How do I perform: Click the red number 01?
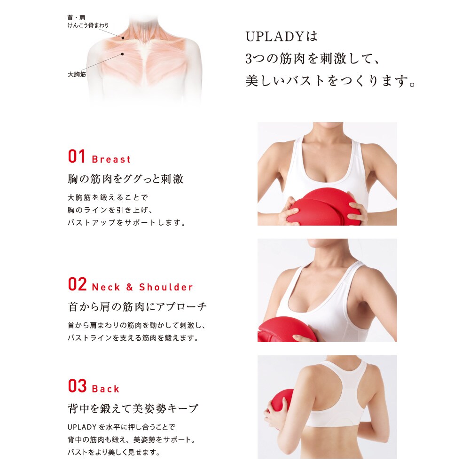[77, 157]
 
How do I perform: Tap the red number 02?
[78, 284]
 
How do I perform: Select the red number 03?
[78, 386]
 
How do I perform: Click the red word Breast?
[111, 159]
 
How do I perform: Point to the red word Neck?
[106, 287]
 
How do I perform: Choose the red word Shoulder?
[166, 287]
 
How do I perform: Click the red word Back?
[106, 389]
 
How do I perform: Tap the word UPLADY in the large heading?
[275, 37]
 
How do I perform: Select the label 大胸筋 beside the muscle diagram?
[77, 74]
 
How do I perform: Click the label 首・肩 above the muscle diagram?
[77, 18]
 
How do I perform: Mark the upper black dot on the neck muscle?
[123, 38]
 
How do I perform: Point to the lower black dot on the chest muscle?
[122, 54]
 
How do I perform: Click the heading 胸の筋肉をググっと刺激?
[125, 179]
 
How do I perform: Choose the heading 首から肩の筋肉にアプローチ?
[137, 306]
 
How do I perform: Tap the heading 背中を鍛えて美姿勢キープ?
[133, 408]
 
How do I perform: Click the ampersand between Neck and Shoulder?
[130, 287]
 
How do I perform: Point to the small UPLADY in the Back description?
[82, 427]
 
